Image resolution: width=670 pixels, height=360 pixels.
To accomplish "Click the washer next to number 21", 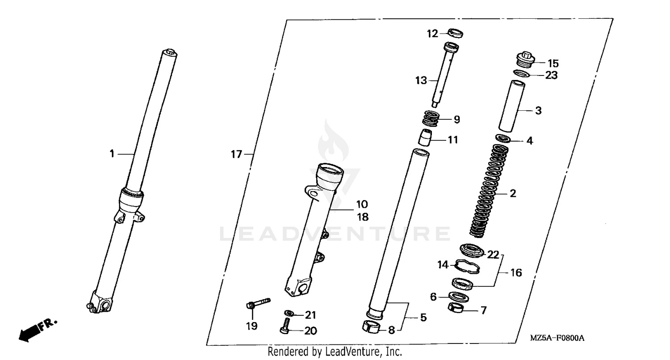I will click(x=289, y=313).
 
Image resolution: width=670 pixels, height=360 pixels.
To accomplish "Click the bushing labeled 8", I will click(x=372, y=327).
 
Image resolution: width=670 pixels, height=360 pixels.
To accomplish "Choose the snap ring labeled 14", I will click(x=467, y=266).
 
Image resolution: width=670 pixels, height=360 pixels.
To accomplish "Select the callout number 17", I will click(x=236, y=155).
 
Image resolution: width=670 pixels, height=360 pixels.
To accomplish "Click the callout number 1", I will click(x=112, y=154).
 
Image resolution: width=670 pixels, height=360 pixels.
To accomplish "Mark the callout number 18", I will click(x=362, y=217).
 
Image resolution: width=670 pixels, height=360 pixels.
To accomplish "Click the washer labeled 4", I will click(x=504, y=138).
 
